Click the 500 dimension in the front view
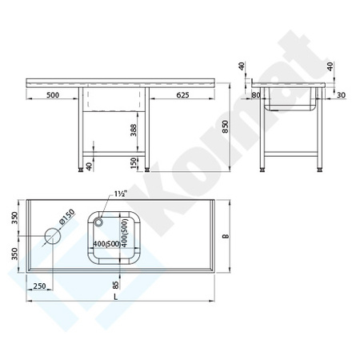click(x=53, y=96)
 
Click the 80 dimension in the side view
click(x=255, y=96)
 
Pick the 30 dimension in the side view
click(x=341, y=96)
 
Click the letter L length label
click(x=118, y=298)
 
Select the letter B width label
click(x=226, y=235)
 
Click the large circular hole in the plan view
click(x=54, y=236)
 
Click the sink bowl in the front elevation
click(x=114, y=99)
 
